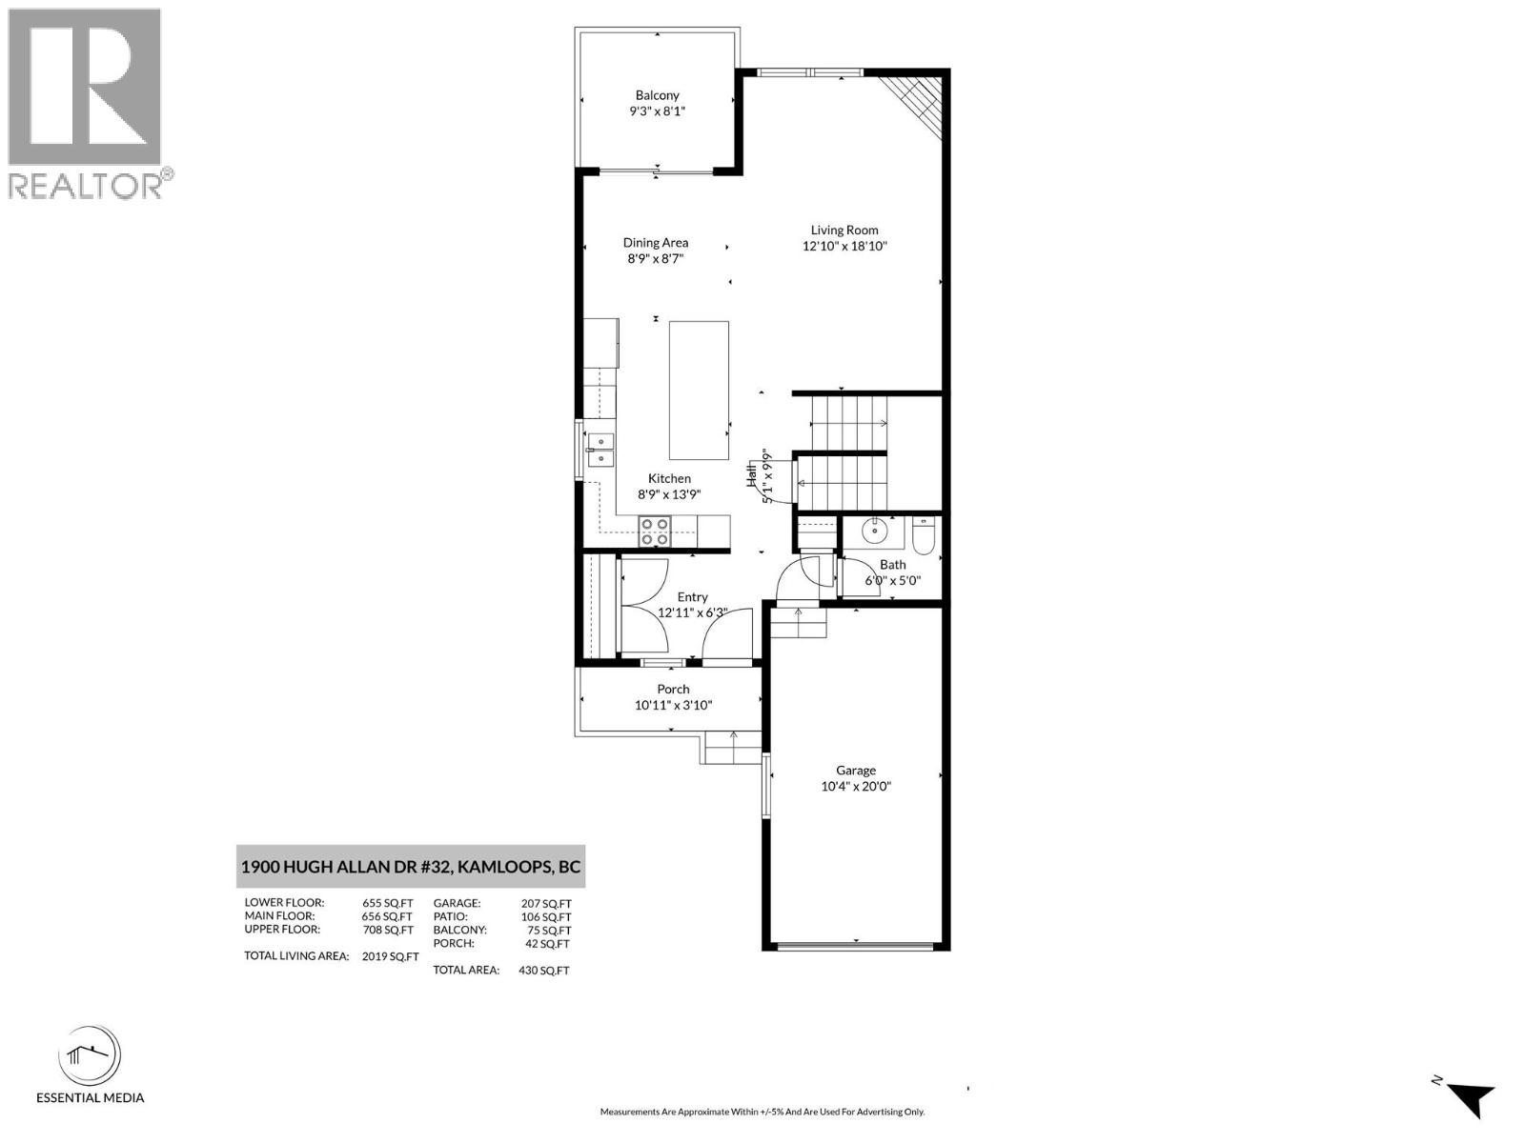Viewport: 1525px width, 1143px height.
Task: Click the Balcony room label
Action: pyautogui.click(x=658, y=95)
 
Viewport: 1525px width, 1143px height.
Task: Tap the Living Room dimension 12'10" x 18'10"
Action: pyautogui.click(x=844, y=246)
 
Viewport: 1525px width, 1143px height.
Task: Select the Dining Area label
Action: pyautogui.click(x=656, y=243)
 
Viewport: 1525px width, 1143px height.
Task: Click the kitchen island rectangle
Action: pyautogui.click(x=699, y=391)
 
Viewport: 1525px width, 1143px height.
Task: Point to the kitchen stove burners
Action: pyautogui.click(x=654, y=531)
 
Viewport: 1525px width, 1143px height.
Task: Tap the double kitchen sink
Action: pyautogui.click(x=600, y=450)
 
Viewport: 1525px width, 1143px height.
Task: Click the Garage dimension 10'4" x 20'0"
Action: pyautogui.click(x=856, y=787)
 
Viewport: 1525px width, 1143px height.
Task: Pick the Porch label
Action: pyautogui.click(x=673, y=689)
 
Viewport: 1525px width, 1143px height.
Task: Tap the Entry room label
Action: pyautogui.click(x=693, y=597)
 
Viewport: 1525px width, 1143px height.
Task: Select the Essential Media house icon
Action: pyautogui.click(x=90, y=1056)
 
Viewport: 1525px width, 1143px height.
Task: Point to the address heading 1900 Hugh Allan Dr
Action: pyautogui.click(x=411, y=867)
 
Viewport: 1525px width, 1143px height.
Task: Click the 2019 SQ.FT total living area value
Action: pyautogui.click(x=390, y=956)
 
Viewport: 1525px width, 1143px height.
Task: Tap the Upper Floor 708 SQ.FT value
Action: pyautogui.click(x=388, y=930)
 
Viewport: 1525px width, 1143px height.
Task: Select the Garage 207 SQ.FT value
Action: pyautogui.click(x=546, y=903)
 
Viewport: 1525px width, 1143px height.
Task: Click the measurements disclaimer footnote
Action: pyautogui.click(x=762, y=1112)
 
